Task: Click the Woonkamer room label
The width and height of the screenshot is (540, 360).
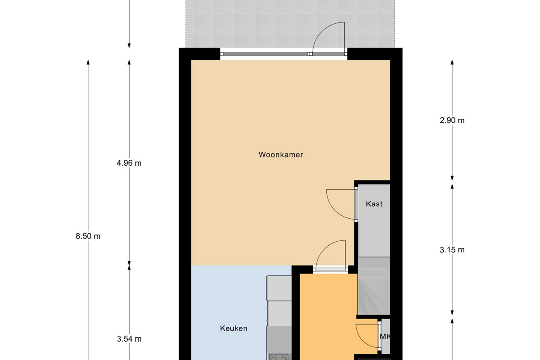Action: (x=281, y=154)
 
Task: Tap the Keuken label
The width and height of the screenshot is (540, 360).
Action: (x=234, y=328)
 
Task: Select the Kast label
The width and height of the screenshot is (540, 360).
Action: (x=374, y=204)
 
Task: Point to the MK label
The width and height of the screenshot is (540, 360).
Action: (x=385, y=336)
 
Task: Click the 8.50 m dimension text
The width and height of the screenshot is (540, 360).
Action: (x=88, y=236)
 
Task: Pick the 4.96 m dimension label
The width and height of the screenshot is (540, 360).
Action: (x=129, y=163)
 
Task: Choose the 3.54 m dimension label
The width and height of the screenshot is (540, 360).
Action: (x=129, y=339)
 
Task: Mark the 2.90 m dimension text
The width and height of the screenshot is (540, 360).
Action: (x=452, y=120)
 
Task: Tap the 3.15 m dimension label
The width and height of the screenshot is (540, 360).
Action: (x=452, y=250)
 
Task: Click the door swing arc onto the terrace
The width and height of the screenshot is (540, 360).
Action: (x=322, y=31)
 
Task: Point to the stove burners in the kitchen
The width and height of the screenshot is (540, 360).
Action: (x=279, y=356)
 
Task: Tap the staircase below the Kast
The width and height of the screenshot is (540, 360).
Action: (x=373, y=286)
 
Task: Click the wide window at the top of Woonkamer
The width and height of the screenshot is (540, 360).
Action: (x=265, y=54)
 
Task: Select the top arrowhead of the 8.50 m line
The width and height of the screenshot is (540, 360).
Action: (x=88, y=62)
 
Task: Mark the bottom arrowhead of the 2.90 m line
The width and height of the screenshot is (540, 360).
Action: (x=452, y=178)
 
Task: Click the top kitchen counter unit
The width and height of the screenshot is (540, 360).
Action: (x=279, y=288)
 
